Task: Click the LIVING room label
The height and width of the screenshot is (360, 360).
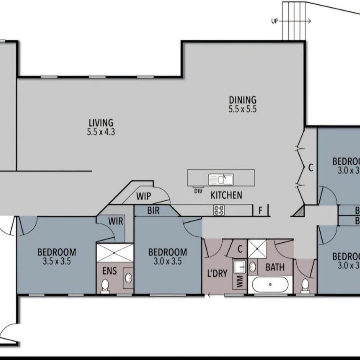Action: (101, 123)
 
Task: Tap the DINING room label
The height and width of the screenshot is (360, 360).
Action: (242, 99)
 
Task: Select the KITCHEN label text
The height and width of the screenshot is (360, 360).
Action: (226, 195)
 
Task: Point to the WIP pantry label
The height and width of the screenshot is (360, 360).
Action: (143, 196)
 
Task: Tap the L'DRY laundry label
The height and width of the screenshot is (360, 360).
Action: (217, 273)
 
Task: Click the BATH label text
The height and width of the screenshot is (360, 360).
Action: (275, 268)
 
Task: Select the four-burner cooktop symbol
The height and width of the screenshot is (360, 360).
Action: (219, 210)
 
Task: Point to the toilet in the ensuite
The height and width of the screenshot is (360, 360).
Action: (105, 285)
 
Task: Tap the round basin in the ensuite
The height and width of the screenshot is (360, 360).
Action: (127, 278)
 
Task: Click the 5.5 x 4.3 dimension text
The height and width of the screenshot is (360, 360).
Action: (101, 132)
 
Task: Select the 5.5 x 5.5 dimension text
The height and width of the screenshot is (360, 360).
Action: (242, 109)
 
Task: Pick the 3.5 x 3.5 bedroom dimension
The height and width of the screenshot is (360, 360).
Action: (57, 262)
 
